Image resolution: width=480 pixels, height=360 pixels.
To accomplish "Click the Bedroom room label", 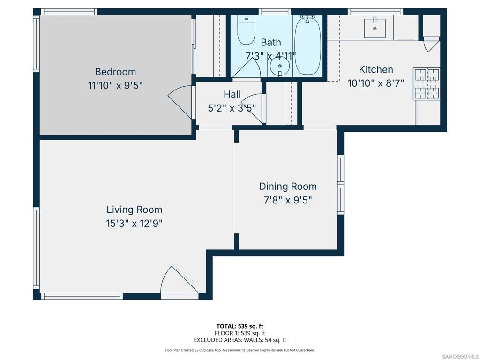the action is pyautogui.click(x=115, y=72).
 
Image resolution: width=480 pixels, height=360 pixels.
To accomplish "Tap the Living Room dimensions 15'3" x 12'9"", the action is pyautogui.click(x=134, y=224).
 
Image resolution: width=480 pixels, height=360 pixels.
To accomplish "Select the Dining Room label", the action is pyautogui.click(x=288, y=187).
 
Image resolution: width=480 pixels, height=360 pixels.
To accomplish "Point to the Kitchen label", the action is pyautogui.click(x=376, y=69).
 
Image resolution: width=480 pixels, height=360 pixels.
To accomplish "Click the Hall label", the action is pyautogui.click(x=232, y=94).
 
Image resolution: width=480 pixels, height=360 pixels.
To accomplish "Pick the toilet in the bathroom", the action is pyautogui.click(x=247, y=30).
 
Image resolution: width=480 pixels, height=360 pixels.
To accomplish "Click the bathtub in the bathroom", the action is pyautogui.click(x=307, y=45).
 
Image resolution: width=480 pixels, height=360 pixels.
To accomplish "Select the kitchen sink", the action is pyautogui.click(x=375, y=28).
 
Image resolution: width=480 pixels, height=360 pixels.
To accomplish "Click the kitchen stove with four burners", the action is pyautogui.click(x=427, y=83).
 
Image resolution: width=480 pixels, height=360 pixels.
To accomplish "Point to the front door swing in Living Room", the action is pyautogui.click(x=180, y=280).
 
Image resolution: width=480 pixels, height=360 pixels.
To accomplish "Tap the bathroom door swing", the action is pyautogui.click(x=247, y=68).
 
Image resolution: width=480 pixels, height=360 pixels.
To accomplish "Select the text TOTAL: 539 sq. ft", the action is pyautogui.click(x=240, y=326).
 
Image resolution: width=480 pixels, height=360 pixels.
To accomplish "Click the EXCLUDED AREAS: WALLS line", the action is pyautogui.click(x=240, y=340).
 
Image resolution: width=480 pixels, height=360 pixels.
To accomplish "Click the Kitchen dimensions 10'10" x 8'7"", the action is pyautogui.click(x=376, y=83).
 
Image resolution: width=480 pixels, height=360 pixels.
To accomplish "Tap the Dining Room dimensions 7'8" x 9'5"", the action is pyautogui.click(x=288, y=200).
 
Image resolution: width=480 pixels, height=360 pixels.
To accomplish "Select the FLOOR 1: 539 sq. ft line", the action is pyautogui.click(x=240, y=333).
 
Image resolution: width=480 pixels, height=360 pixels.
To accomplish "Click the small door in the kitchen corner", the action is pyautogui.click(x=431, y=45).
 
